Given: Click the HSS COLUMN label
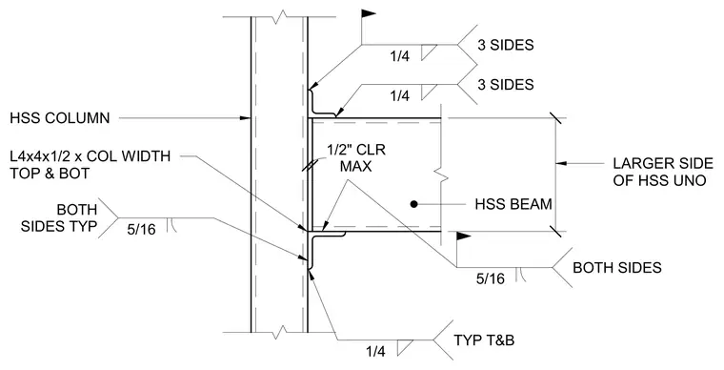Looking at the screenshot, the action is [x=60, y=118].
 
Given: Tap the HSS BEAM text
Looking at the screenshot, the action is [x=513, y=204].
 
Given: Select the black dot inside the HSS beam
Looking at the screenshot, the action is [x=414, y=204].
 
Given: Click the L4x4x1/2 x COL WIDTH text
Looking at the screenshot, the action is [x=90, y=156].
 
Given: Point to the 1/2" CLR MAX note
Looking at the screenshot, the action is [x=356, y=158].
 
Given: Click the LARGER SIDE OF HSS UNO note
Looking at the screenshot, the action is [x=663, y=172].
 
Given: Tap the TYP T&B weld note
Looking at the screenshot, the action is [x=484, y=340].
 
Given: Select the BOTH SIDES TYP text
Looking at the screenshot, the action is [x=59, y=218].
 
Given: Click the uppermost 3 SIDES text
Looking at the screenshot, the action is [x=506, y=45].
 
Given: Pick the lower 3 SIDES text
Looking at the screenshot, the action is [x=506, y=85].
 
